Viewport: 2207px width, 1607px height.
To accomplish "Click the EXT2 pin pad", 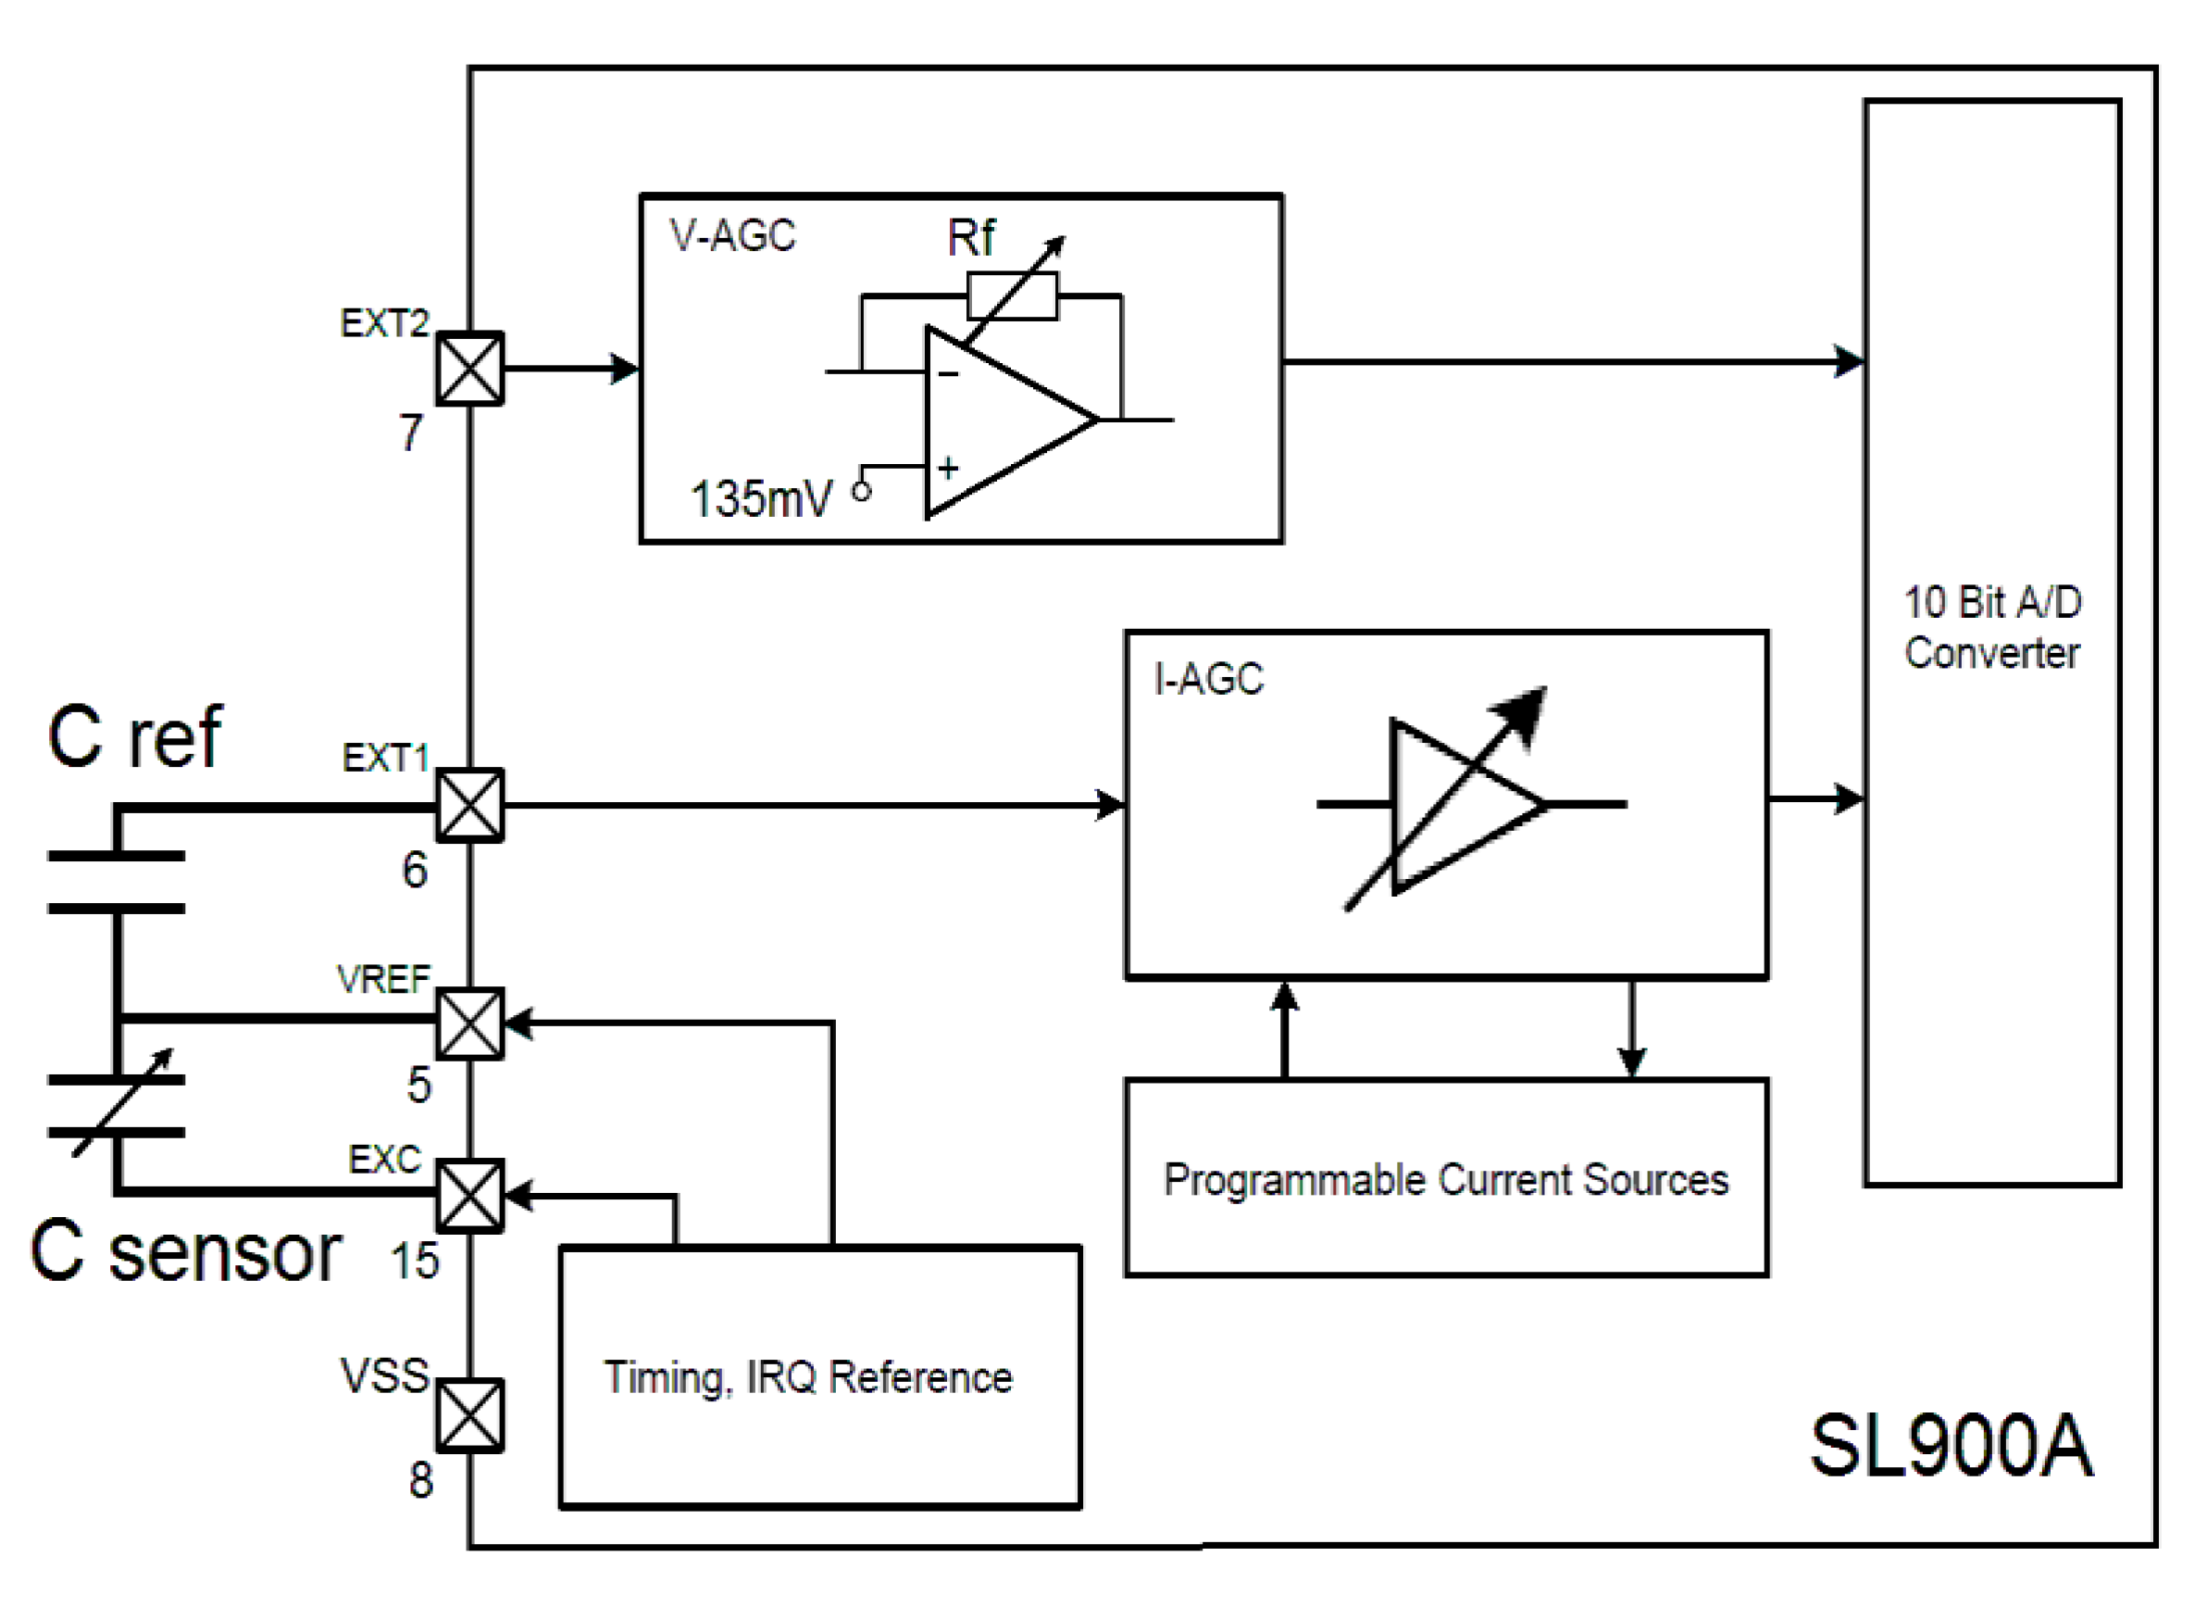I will (x=470, y=369).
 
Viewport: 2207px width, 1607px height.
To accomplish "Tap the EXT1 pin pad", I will (x=470, y=805).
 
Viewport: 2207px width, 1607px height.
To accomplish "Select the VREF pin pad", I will (x=470, y=1023).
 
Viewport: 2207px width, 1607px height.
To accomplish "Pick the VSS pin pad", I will (x=470, y=1415).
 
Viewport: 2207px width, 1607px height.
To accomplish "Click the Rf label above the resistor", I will (x=970, y=238).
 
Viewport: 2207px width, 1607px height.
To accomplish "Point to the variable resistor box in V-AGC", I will (x=1012, y=295).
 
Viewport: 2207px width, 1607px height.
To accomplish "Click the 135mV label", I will (x=761, y=499).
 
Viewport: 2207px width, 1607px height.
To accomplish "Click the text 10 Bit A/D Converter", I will (x=1992, y=628).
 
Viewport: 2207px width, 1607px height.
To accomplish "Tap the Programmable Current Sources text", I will (x=1446, y=1180).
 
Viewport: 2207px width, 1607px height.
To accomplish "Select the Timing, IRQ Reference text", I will (x=807, y=1377).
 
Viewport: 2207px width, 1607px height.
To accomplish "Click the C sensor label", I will (x=185, y=1252).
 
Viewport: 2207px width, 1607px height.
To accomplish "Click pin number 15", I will (x=415, y=1261).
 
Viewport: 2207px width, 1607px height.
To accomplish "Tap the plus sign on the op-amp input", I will (x=948, y=468).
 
